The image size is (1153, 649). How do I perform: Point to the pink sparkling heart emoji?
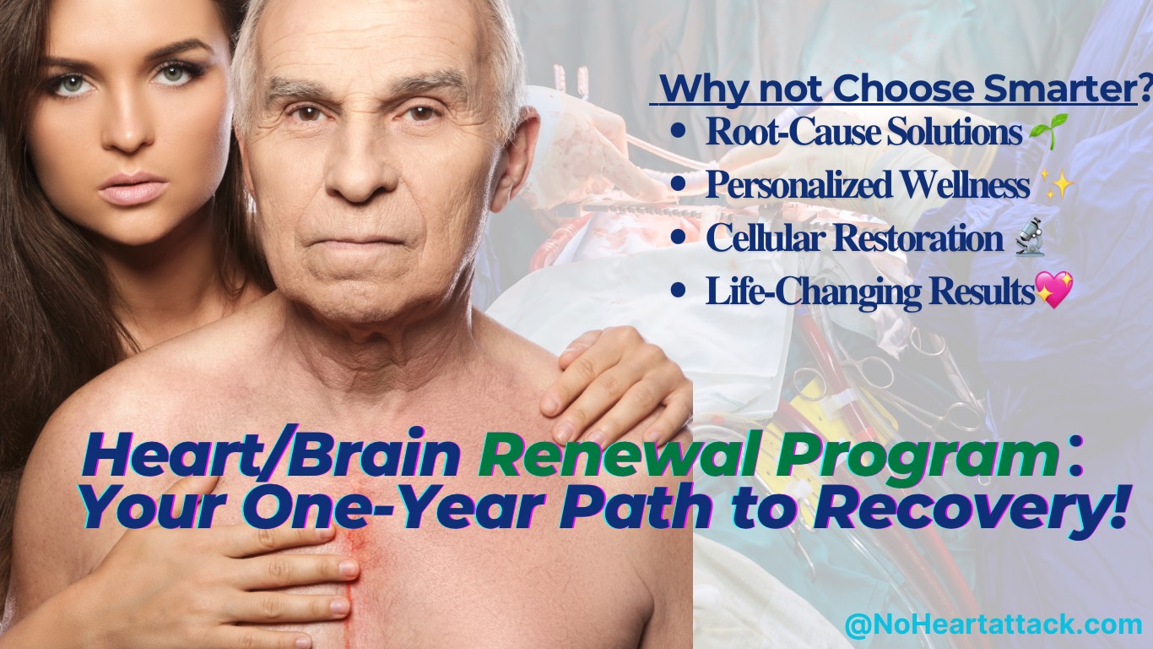pos(1053,290)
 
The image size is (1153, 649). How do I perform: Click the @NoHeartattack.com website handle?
pos(993,625)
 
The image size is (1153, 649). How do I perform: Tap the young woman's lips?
pos(133,188)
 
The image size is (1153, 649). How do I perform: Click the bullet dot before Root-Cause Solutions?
pos(679,133)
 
